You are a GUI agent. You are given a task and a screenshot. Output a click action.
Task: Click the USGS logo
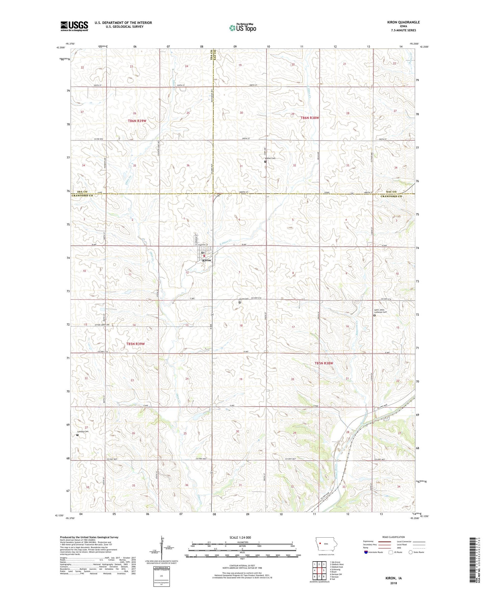coord(74,26)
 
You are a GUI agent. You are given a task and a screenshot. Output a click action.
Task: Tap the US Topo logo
coord(242,28)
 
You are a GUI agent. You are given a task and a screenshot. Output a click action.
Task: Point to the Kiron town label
coord(206,261)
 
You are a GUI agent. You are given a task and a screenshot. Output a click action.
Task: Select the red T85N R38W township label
coord(324,363)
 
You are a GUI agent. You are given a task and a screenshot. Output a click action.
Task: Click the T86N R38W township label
coord(309,118)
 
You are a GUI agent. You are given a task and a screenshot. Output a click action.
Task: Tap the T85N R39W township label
coord(135,344)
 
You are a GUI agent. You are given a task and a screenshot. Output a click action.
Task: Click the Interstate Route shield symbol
coord(366,552)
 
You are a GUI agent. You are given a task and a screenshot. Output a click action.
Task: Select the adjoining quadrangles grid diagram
coord(319,571)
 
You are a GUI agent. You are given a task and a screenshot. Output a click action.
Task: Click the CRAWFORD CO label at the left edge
coord(82,196)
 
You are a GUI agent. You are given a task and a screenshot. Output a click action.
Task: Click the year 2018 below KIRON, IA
coord(393,583)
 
